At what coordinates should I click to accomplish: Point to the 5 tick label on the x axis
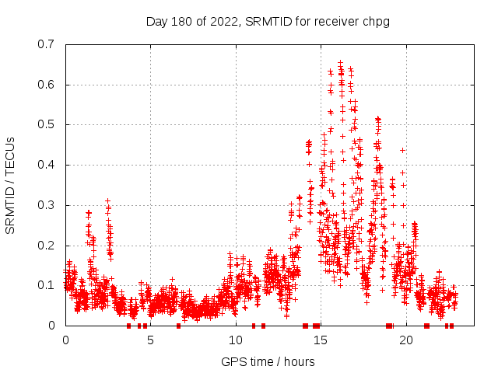tap(151, 340)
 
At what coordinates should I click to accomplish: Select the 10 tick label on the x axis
tap(236, 340)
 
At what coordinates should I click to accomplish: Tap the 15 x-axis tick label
tap(321, 340)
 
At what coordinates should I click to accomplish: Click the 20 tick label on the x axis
tap(406, 340)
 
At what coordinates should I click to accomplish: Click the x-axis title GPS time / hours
tap(268, 361)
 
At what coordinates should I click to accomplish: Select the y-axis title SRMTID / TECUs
tap(11, 185)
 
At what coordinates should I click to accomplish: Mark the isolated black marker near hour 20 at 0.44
tap(403, 150)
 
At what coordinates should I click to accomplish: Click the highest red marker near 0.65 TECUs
tap(340, 63)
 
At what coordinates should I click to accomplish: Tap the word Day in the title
tap(157, 21)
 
